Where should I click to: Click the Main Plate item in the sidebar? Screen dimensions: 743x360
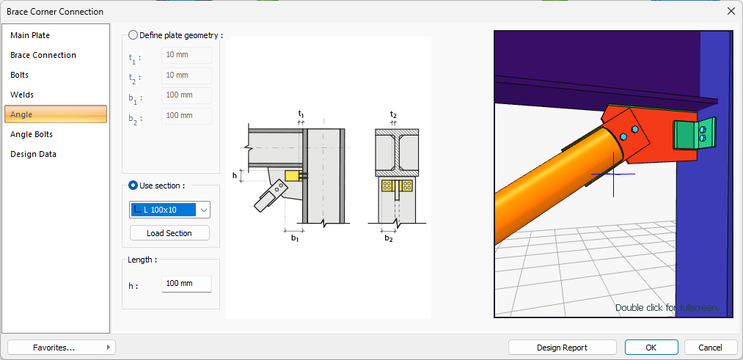pos(30,35)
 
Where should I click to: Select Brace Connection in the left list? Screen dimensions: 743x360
pos(43,56)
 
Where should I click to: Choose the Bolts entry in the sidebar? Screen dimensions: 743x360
pos(19,76)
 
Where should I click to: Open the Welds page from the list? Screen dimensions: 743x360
pos(22,95)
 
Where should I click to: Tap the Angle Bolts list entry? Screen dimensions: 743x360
pos(32,134)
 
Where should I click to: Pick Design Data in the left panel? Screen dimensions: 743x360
pos(33,154)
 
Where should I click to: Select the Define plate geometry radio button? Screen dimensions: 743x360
pos(133,35)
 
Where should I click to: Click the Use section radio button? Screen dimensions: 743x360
pos(133,185)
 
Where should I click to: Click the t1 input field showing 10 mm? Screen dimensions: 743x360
pos(187,55)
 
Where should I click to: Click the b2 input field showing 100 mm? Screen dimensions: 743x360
pos(187,116)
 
